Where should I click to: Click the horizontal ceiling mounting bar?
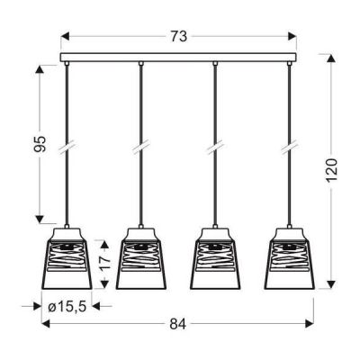click(x=178, y=58)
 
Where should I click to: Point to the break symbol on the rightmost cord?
click(x=289, y=144)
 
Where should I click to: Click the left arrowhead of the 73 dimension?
click(x=63, y=38)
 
